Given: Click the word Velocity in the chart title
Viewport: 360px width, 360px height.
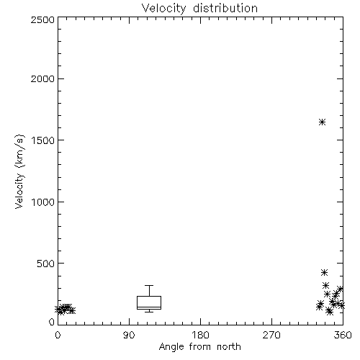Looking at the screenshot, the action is pyautogui.click(x=164, y=9).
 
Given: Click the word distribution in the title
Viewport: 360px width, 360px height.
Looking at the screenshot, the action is pyautogui.click(x=225, y=8).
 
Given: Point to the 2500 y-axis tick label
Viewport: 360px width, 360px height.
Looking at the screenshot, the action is pyautogui.click(x=42, y=19).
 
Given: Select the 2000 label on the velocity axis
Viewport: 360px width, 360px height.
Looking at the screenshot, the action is pyautogui.click(x=42, y=79).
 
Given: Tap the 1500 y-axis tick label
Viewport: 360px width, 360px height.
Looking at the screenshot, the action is pyautogui.click(x=43, y=140).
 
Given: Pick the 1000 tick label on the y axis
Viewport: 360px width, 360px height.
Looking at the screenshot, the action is pyautogui.click(x=43, y=202).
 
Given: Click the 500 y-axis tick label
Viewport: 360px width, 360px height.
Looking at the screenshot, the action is pyautogui.click(x=46, y=264).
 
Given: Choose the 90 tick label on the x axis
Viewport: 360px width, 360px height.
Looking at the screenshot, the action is pyautogui.click(x=129, y=335).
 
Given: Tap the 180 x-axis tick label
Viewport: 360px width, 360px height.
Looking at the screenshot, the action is pyautogui.click(x=200, y=335).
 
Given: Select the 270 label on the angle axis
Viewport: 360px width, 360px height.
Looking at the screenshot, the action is pyautogui.click(x=271, y=335).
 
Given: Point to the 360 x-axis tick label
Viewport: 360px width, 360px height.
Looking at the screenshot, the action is pyautogui.click(x=343, y=335).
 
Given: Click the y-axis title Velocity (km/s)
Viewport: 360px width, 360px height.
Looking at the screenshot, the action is pyautogui.click(x=19, y=171).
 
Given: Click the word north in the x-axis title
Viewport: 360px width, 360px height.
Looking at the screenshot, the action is pyautogui.click(x=229, y=347).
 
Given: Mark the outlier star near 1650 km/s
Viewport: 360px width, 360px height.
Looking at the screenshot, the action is pyautogui.click(x=322, y=122).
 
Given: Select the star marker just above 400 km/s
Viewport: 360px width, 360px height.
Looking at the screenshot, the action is pyautogui.click(x=324, y=272).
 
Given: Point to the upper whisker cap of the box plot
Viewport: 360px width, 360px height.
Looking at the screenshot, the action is pyautogui.click(x=149, y=285).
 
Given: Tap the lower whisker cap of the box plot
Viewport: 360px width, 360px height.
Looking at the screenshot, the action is pyautogui.click(x=149, y=312).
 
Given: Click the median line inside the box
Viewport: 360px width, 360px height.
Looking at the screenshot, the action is pyautogui.click(x=149, y=307).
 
